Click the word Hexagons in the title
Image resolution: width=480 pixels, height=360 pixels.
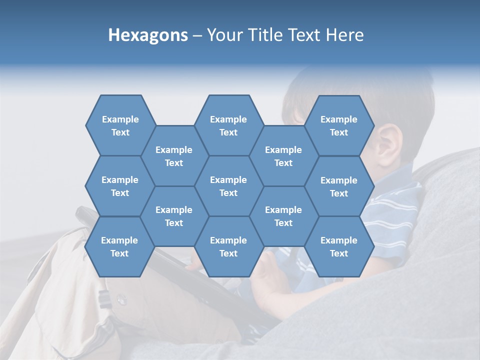tap(148, 35)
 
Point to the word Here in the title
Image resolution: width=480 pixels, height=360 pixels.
tap(345, 35)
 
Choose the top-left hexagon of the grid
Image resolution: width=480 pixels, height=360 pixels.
tap(120, 125)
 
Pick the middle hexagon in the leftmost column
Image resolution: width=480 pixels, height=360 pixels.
tap(120, 186)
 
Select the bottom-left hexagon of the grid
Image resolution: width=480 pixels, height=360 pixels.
tap(119, 246)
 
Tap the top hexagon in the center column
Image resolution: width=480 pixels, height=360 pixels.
tap(228, 125)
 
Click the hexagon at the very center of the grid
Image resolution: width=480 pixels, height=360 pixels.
tap(228, 186)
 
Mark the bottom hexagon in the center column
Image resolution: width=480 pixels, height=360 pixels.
tap(228, 246)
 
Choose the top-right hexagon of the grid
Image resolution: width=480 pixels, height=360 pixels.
tap(339, 125)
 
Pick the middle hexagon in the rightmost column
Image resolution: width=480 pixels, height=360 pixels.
tap(339, 186)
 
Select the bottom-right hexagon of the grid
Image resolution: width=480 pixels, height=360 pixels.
tap(339, 246)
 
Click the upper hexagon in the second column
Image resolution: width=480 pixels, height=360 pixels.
tap(174, 156)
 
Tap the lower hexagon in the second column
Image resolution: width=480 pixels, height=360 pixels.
tap(174, 216)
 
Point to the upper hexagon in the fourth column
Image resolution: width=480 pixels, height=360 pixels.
tap(283, 156)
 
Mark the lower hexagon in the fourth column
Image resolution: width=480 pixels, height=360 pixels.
tap(283, 216)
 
